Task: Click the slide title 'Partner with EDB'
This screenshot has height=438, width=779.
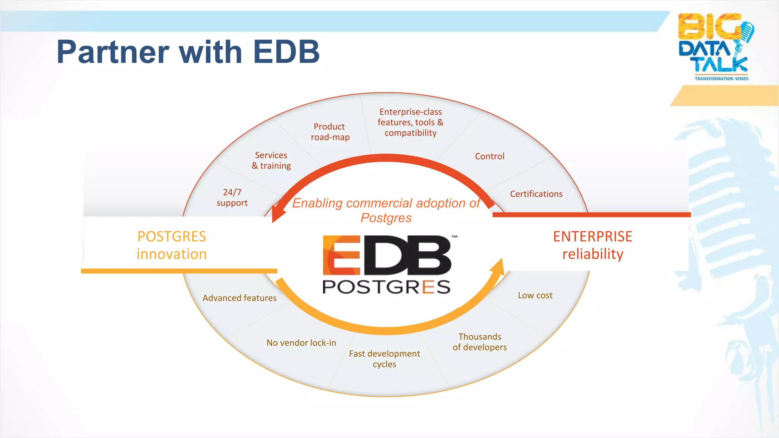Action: tap(188, 52)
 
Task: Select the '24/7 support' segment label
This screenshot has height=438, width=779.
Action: tap(232, 197)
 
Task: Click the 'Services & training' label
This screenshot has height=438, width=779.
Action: tap(271, 160)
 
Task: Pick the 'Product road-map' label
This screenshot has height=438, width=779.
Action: tap(330, 132)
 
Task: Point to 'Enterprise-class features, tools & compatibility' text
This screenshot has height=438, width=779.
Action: tap(410, 122)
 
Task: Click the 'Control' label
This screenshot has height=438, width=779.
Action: tap(490, 156)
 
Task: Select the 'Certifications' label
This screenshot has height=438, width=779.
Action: tap(536, 194)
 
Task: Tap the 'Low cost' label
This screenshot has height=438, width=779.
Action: tap(535, 295)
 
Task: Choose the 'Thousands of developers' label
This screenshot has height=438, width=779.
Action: tap(480, 342)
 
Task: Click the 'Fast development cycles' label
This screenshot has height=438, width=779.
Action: tap(384, 359)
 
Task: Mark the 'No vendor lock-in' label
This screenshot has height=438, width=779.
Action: tap(301, 343)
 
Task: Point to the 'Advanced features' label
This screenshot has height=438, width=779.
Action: tap(239, 298)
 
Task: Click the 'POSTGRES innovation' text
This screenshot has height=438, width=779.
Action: tap(172, 245)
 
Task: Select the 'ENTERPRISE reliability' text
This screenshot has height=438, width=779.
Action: tap(592, 245)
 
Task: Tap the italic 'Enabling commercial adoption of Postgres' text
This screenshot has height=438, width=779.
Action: tap(386, 210)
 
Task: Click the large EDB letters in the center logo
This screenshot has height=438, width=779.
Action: tap(387, 255)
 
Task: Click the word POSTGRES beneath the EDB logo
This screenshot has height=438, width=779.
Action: tap(386, 287)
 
